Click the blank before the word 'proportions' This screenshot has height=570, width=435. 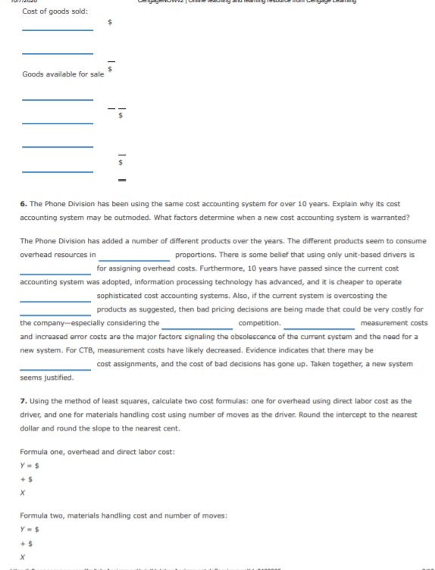[135, 256]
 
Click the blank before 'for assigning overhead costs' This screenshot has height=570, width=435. [57, 270]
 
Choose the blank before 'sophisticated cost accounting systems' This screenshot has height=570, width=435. [57, 297]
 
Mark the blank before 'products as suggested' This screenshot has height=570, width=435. [57, 311]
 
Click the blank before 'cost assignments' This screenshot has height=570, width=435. [57, 365]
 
